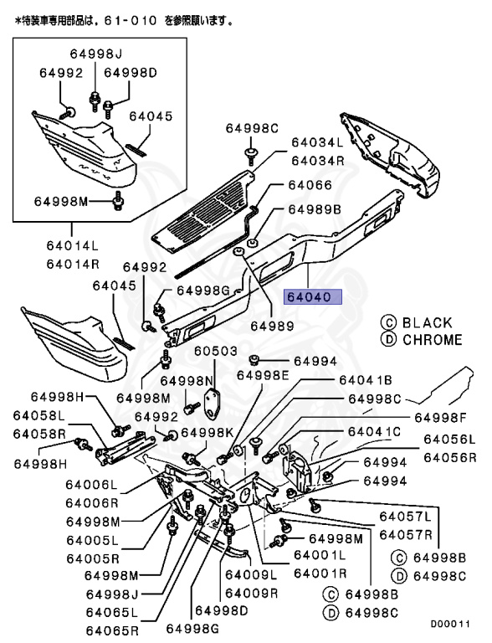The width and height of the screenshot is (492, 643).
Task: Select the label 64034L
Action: [317, 143]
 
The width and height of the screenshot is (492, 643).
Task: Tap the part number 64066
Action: [310, 185]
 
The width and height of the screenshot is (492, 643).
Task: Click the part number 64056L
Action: [448, 439]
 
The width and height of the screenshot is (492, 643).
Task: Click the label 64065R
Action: [111, 628]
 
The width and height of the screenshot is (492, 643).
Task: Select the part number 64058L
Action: [38, 416]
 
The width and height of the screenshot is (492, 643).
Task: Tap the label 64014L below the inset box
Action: [72, 246]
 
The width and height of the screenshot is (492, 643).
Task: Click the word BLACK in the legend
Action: [427, 322]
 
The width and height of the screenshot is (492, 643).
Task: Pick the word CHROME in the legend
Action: [432, 340]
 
